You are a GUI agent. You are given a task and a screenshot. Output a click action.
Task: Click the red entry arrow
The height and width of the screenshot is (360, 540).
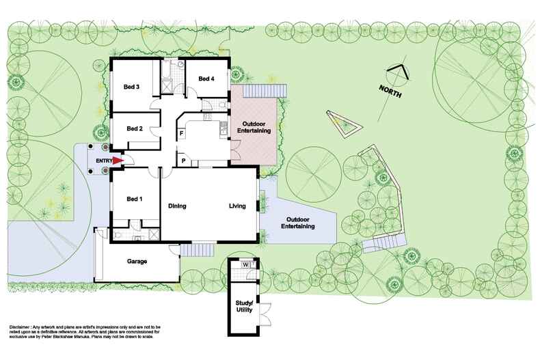(x=118, y=161)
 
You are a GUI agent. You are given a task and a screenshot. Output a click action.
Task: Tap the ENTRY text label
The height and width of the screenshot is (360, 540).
(x=103, y=161)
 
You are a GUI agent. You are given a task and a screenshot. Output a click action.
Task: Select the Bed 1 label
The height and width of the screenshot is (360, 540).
(x=135, y=199)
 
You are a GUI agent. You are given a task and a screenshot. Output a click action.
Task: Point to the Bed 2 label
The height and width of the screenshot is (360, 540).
(x=135, y=128)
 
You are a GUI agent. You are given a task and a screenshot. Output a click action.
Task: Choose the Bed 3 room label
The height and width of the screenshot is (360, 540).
(x=132, y=87)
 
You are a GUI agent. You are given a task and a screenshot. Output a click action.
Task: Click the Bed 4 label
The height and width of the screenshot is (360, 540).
(x=206, y=79)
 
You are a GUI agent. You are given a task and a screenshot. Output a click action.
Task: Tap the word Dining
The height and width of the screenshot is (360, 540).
(x=178, y=206)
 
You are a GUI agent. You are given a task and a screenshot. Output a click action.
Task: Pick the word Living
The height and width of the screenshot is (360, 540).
(x=237, y=206)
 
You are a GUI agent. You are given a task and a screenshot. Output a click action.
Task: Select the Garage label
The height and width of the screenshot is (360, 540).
(x=138, y=261)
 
